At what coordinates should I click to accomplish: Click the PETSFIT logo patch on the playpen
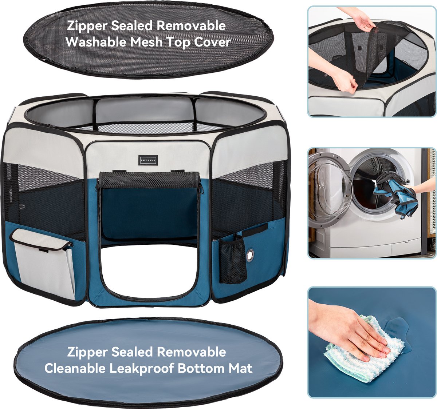148,160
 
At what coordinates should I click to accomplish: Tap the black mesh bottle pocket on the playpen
232,260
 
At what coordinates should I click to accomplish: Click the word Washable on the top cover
96,42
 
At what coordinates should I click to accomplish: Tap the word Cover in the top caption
212,42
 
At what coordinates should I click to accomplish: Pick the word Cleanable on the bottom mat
75,368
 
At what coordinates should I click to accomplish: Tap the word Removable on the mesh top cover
191,26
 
